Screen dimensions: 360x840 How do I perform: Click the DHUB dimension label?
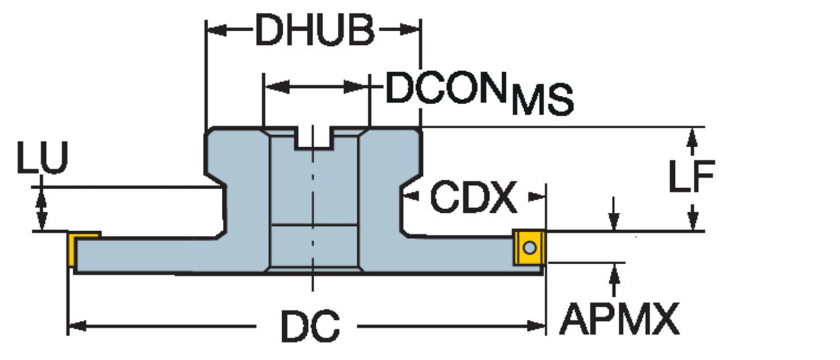pyautogui.click(x=315, y=31)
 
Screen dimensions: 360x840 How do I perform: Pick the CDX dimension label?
pyautogui.click(x=473, y=197)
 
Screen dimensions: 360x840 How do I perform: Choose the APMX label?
pyautogui.click(x=619, y=320)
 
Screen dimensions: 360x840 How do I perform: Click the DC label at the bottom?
pyautogui.click(x=310, y=326)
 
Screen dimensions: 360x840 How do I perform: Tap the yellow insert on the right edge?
pyautogui.click(x=529, y=247)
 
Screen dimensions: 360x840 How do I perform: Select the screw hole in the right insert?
pyautogui.click(x=530, y=247)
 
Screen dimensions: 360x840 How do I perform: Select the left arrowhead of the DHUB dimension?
pyautogui.click(x=215, y=30)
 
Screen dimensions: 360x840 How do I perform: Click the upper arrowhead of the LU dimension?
pyautogui.click(x=41, y=195)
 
